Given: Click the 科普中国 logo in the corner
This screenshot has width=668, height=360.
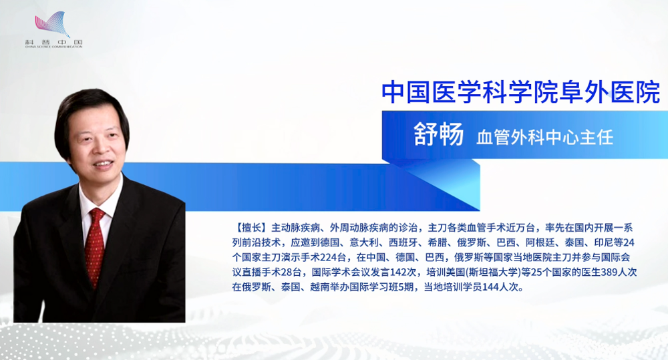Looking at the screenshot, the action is point(53,30).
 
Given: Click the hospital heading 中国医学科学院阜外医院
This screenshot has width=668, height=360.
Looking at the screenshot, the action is point(520,92).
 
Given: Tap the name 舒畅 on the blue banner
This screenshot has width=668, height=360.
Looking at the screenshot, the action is point(438,135).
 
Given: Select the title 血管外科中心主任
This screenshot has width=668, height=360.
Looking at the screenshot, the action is point(545,137).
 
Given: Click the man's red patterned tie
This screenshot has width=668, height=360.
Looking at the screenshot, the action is point(95,246).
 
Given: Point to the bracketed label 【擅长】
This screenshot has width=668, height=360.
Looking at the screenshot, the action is point(251,228).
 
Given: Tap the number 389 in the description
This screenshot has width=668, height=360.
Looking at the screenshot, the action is point(609,273).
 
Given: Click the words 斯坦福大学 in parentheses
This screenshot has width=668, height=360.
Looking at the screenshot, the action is point(494,273).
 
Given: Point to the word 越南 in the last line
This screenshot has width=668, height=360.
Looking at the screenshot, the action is point(319,287).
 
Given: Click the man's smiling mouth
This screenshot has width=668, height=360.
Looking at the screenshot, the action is point(104,163).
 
